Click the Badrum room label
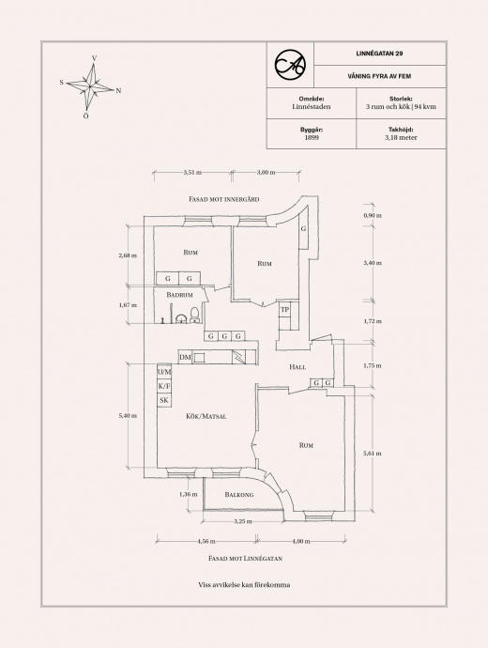(x=179, y=295)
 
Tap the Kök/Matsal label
(x=206, y=417)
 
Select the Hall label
(x=297, y=367)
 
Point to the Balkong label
(x=239, y=495)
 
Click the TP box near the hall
(x=285, y=310)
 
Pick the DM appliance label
(x=186, y=358)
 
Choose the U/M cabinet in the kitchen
(x=164, y=372)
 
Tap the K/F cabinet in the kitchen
(x=164, y=386)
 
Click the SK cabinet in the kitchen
(x=164, y=400)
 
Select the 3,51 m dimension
(x=192, y=173)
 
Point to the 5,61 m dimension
(x=372, y=454)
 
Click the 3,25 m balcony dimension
(x=243, y=521)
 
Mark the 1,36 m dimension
(x=189, y=494)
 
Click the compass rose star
(x=90, y=86)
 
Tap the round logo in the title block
(x=290, y=65)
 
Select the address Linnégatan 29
(x=379, y=54)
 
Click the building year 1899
(x=312, y=138)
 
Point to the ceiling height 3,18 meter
(x=401, y=138)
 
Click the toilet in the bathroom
(x=195, y=315)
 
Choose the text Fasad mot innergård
(x=224, y=199)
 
